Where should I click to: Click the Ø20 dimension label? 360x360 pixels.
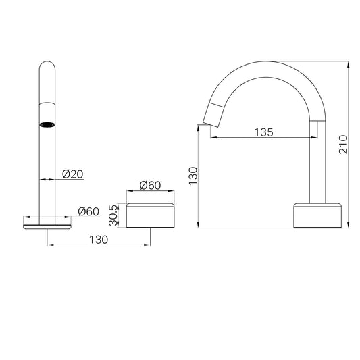tap(72, 174)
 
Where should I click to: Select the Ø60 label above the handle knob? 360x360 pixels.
tap(151, 186)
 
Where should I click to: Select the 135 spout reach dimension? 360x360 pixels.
tap(263, 133)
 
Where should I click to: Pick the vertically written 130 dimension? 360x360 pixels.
tap(192, 177)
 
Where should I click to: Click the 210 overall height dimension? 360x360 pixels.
tap(342, 144)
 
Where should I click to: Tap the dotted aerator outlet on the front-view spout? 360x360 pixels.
tap(47, 124)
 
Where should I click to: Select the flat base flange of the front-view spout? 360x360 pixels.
tap(47, 220)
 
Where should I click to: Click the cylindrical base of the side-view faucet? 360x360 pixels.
tap(318, 214)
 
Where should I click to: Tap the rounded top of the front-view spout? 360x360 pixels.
tap(47, 68)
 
